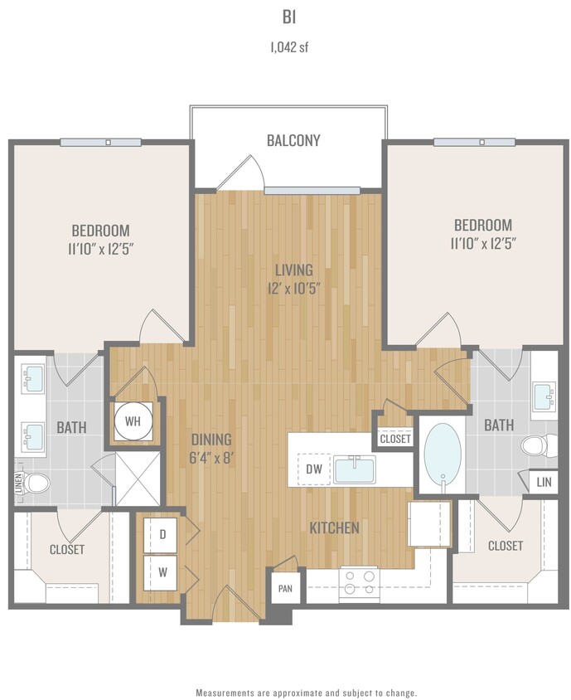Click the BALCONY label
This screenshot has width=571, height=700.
(x=293, y=140)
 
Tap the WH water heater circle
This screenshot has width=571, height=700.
(x=133, y=420)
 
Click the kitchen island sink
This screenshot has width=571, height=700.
(x=355, y=469)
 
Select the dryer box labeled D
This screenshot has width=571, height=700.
(x=162, y=536)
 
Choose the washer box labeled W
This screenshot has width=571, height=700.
(x=162, y=571)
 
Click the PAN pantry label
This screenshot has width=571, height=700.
(x=285, y=589)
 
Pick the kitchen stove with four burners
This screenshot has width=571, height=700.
(x=358, y=584)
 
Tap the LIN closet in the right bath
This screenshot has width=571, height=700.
(x=544, y=482)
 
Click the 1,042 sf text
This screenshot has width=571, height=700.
(x=284, y=47)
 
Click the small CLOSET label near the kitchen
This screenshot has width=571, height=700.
(x=394, y=439)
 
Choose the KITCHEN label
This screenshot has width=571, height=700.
(x=334, y=527)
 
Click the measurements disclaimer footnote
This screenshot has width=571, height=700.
(x=306, y=692)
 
